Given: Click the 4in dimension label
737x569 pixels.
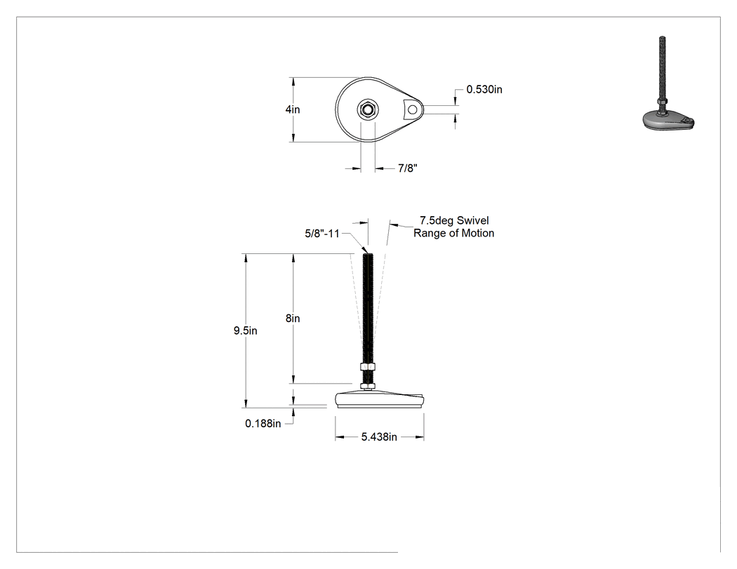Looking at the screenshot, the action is (293, 109).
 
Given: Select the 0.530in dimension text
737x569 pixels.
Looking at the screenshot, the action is (484, 89).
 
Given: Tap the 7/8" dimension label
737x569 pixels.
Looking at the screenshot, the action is (408, 168).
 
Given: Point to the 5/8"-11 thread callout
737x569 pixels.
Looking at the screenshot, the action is (322, 234).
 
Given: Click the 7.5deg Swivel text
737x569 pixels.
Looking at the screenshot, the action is (454, 220).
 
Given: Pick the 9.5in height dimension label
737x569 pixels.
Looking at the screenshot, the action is (246, 330).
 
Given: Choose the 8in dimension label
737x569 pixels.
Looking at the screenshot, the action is (293, 319).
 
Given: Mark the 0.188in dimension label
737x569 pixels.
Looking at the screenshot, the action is (263, 424).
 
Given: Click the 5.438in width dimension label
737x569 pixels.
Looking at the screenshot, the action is (379, 437).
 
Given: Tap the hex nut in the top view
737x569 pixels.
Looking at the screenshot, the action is (368, 109).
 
